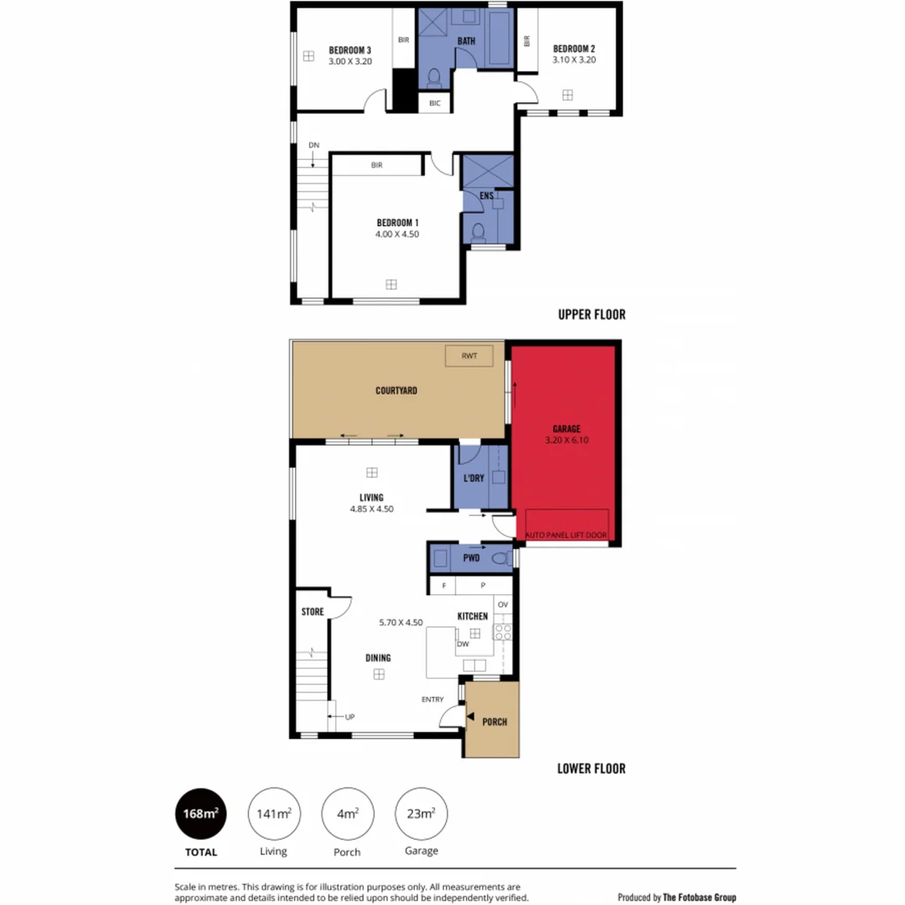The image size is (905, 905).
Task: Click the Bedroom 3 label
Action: (x=349, y=49)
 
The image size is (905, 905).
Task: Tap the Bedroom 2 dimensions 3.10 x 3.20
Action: (x=574, y=60)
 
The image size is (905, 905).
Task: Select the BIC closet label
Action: (x=434, y=103)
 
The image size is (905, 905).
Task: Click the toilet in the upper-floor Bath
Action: (x=433, y=79)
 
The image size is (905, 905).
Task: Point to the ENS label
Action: (x=486, y=196)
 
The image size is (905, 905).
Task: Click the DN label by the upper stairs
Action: (x=313, y=145)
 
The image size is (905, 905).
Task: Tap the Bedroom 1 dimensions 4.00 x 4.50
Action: (x=397, y=235)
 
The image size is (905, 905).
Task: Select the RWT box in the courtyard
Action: (x=468, y=355)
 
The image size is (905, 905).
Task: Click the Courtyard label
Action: (x=396, y=390)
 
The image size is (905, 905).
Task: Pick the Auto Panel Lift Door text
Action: (x=566, y=534)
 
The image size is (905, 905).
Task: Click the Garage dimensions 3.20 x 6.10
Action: (x=566, y=439)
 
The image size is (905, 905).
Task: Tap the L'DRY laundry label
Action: (x=474, y=478)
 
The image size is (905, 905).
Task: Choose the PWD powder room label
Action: (x=471, y=557)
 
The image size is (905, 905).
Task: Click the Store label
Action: (x=313, y=612)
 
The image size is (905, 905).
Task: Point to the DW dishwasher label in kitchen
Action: (x=463, y=644)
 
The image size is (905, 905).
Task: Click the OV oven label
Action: (x=503, y=604)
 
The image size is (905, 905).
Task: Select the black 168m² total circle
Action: (x=200, y=814)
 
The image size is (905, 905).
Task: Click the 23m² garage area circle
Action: (x=421, y=814)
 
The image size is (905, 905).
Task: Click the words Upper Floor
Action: (x=592, y=315)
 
